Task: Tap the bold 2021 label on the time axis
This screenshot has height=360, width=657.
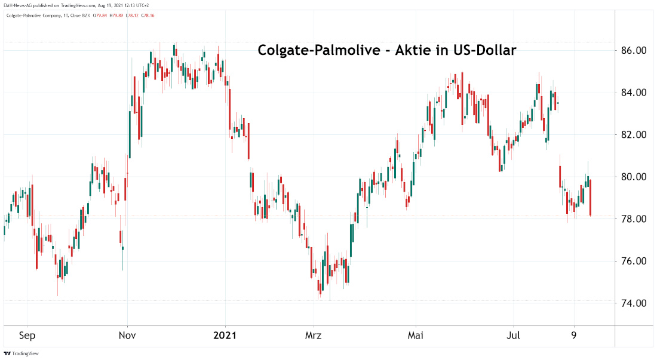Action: click(x=225, y=336)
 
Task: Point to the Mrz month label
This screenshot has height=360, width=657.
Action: click(x=313, y=336)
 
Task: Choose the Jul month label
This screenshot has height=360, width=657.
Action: click(x=513, y=336)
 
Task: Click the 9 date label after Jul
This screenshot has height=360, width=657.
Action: click(x=574, y=336)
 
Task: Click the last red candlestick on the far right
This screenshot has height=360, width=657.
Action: click(x=590, y=197)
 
